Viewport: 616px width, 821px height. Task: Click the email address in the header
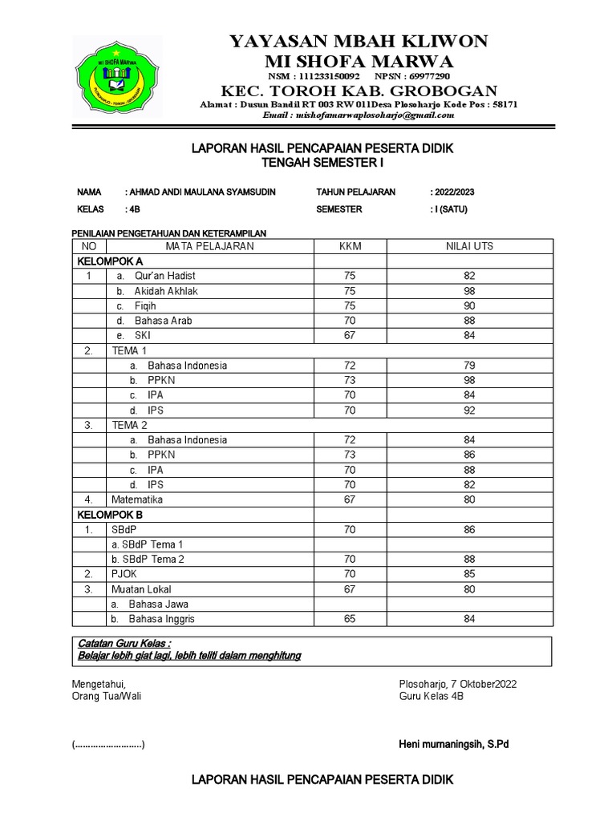pos(359,115)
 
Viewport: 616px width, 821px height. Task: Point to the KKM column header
pos(351,246)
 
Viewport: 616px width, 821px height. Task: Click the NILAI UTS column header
pos(469,246)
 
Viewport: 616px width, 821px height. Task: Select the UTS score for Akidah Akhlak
pos(469,291)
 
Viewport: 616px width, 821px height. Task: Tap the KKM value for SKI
pos(350,335)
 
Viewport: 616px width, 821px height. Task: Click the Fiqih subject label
pos(145,305)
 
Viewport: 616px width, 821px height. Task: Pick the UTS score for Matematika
pos(469,499)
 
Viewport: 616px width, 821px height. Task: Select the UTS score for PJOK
pos(469,574)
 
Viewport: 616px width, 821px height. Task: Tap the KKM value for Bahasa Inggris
pos(350,619)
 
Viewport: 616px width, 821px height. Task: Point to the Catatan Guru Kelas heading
pos(124,644)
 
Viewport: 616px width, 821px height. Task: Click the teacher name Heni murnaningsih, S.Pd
pos(453,745)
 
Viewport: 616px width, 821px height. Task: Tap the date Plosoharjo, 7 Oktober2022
pos(457,684)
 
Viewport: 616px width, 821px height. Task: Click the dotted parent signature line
pos(108,745)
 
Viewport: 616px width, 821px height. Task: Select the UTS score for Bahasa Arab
pos(469,321)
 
